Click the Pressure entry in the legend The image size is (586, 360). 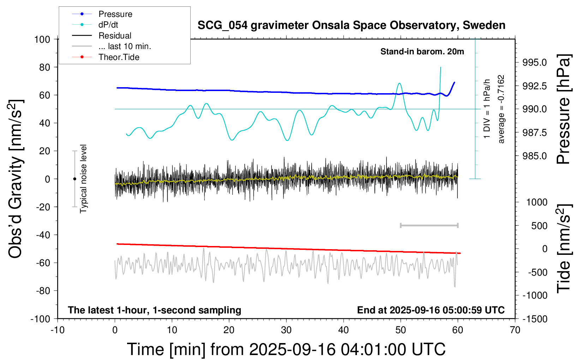click(115, 14)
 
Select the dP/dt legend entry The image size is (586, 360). click(108, 25)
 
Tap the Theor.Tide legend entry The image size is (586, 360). click(119, 57)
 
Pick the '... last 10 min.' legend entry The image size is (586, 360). click(125, 46)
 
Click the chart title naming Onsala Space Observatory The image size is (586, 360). click(351, 25)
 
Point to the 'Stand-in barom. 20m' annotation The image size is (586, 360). click(422, 52)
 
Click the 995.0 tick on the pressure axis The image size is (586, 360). click(534, 62)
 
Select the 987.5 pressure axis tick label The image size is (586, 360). click(534, 133)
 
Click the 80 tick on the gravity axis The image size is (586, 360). click(44, 67)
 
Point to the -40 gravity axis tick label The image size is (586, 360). click(43, 235)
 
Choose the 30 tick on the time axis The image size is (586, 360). click(286, 330)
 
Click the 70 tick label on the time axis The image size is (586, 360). click(515, 330)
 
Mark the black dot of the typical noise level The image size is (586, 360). click(74, 179)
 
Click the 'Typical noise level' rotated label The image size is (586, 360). click(83, 179)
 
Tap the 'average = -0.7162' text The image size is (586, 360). click(501, 109)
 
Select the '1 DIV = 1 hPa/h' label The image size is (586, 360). click(487, 109)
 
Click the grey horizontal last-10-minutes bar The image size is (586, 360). click(429, 225)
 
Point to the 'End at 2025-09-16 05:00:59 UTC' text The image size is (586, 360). click(431, 310)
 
